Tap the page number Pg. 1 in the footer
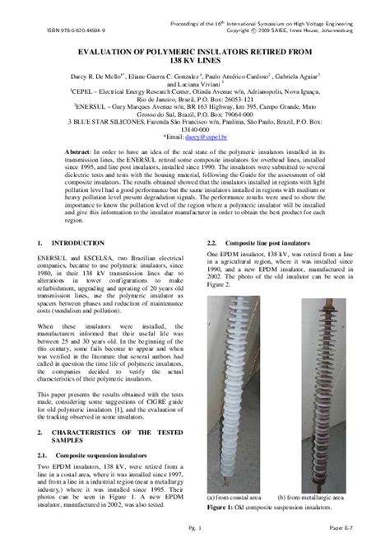click(x=195, y=543)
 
